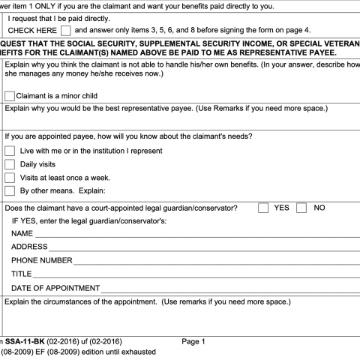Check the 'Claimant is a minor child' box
pyautogui.click(x=10, y=96)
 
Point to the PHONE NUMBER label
pyautogui.click(x=41, y=260)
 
